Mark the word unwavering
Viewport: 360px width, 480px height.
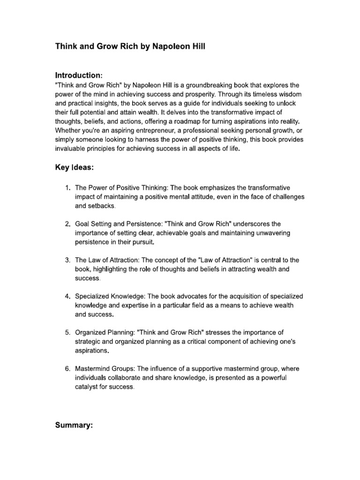coord(266,233)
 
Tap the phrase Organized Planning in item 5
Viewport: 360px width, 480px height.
coord(105,332)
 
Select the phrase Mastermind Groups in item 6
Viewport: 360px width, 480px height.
coord(105,368)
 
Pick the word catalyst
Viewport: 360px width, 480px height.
coord(87,387)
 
